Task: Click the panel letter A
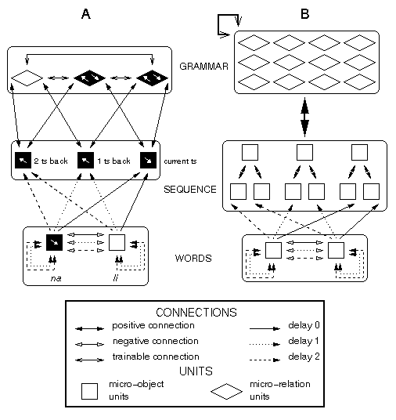tap(86, 13)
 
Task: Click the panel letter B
tap(305, 13)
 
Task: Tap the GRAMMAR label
tap(204, 66)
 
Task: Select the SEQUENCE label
tap(190, 190)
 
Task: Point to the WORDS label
tap(193, 259)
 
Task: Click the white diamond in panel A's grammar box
tap(27, 78)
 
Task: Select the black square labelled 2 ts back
tap(23, 160)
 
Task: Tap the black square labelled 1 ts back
tap(85, 160)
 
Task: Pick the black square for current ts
tap(148, 160)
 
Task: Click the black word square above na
tap(54, 243)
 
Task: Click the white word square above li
tap(117, 243)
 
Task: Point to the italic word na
tap(56, 279)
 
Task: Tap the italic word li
tap(115, 278)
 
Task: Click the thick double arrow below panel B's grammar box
tap(304, 117)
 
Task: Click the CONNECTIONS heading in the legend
tap(196, 313)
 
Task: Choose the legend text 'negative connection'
tap(156, 341)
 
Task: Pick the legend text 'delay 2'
tap(304, 357)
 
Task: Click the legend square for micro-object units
tap(89, 391)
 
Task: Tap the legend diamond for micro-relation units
tap(227, 391)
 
